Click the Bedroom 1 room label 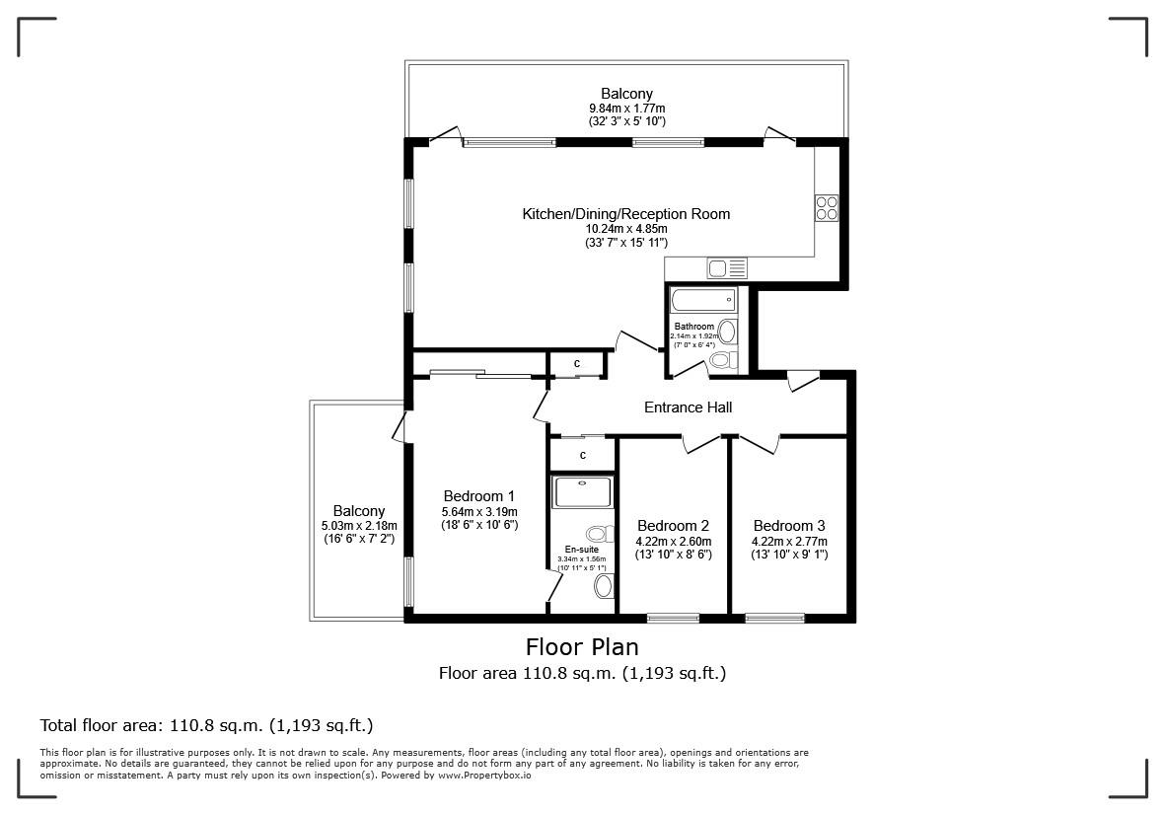click(x=478, y=496)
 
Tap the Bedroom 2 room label click(x=673, y=526)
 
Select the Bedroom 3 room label click(x=789, y=526)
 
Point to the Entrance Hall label click(x=688, y=407)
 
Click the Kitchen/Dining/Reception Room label click(x=625, y=214)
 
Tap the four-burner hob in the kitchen click(x=826, y=208)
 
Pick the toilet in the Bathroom click(x=723, y=360)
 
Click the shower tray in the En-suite click(x=582, y=492)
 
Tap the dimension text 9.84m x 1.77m click(x=626, y=108)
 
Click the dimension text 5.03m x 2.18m click(x=358, y=526)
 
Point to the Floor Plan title click(x=582, y=647)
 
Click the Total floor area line click(x=206, y=725)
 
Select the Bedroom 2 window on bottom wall click(x=673, y=619)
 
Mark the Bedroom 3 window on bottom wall click(x=774, y=619)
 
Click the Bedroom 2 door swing click(x=702, y=445)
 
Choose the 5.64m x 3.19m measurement click(x=478, y=512)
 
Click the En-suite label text click(x=581, y=550)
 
